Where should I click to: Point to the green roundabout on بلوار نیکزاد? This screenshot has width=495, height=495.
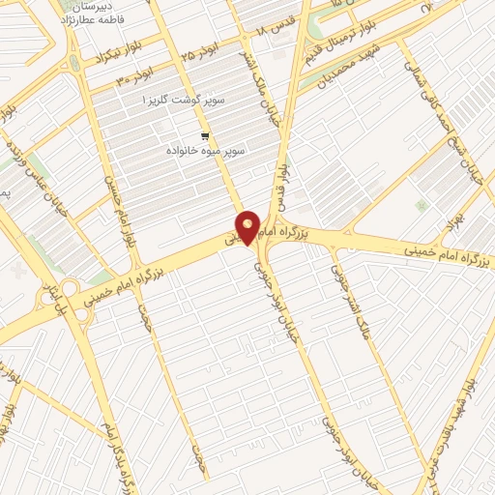[x=74, y=64]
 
